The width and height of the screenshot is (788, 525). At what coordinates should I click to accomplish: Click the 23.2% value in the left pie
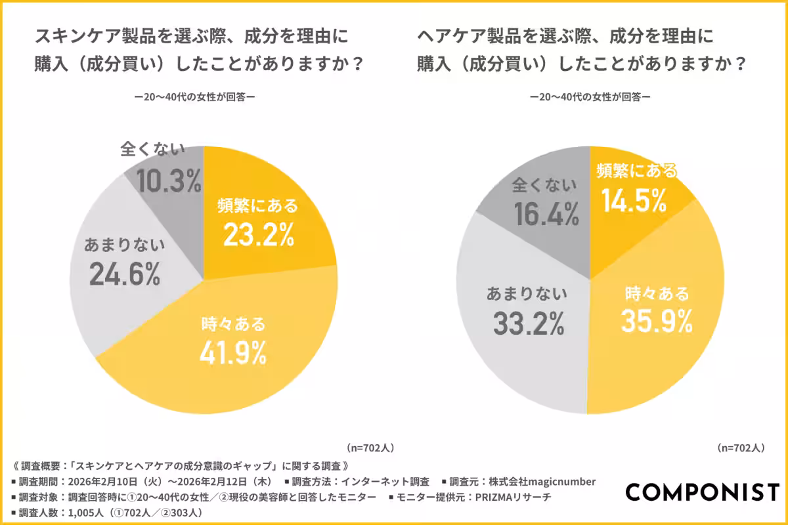click(x=258, y=236)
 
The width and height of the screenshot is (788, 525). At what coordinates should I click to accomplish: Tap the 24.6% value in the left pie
click(x=124, y=275)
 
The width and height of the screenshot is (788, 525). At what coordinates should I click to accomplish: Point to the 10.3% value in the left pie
click(x=169, y=181)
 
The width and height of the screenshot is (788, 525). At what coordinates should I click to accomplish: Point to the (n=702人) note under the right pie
click(x=741, y=448)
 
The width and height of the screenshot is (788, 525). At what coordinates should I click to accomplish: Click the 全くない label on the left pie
click(x=152, y=150)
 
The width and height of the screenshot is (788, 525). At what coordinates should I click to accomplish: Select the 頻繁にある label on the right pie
click(x=636, y=172)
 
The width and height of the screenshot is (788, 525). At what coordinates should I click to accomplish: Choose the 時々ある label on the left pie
click(x=233, y=324)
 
